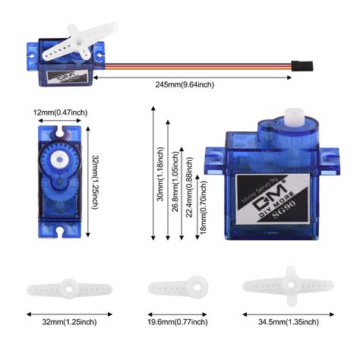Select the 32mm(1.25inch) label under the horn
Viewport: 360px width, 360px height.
coord(69,321)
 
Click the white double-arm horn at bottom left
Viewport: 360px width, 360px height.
coord(69,289)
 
